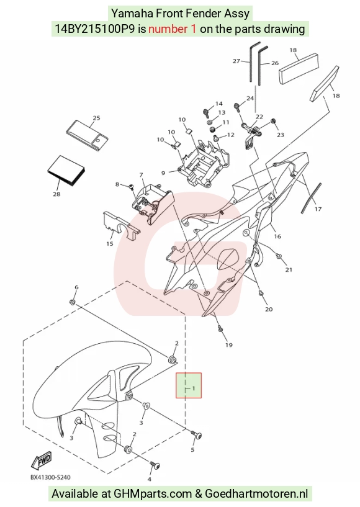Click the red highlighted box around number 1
pos(189,385)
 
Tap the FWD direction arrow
pos(41,460)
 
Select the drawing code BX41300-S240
pos(50,477)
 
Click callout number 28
pos(56,194)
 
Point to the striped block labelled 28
pos(66,171)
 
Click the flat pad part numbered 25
pos(87,136)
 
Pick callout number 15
pos(110,243)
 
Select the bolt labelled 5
pos(196,435)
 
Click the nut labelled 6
pos(73,302)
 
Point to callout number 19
pos(228,344)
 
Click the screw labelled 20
pos(261,293)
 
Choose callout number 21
pos(289,269)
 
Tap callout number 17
pos(318,209)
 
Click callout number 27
pos(236,60)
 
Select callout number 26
pos(274,63)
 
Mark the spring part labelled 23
pos(272,122)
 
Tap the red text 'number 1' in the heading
pos(172,29)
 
